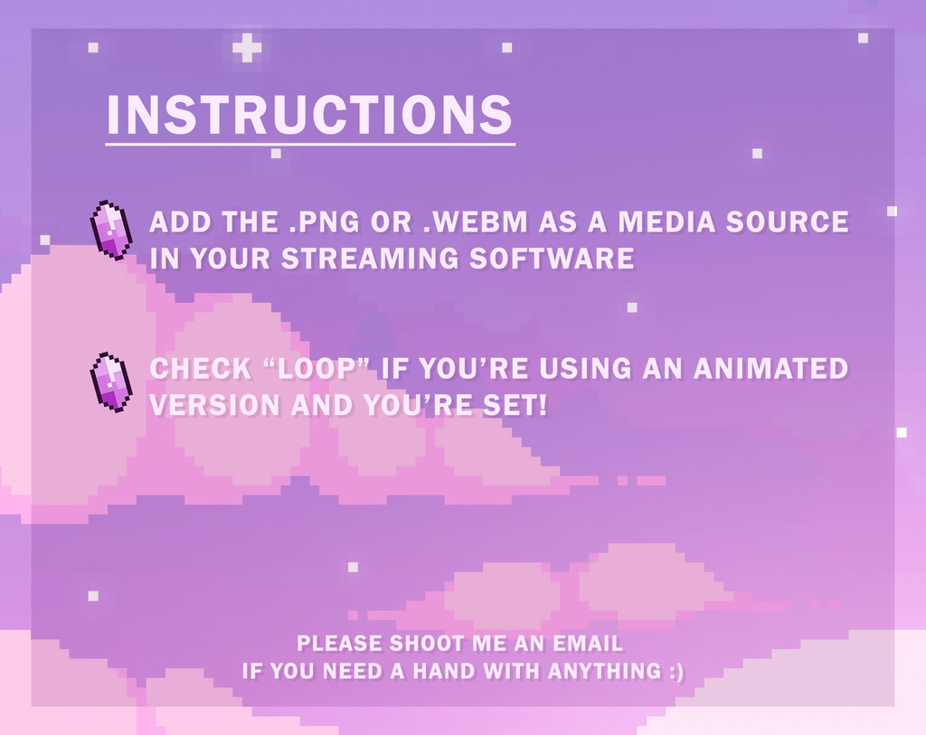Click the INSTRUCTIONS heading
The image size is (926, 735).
coord(309,114)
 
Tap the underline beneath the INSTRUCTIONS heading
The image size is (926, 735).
coord(310,144)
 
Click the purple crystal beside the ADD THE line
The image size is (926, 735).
coord(111,230)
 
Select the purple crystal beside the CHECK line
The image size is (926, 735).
coord(111,382)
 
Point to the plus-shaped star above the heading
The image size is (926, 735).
coord(247,48)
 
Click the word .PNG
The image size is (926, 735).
coord(325,222)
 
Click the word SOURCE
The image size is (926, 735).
coord(788,222)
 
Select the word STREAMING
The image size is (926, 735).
coord(369,259)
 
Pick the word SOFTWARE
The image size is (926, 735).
coord(552,259)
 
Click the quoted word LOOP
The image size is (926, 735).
coord(316,369)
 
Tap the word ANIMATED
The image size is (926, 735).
coord(770,369)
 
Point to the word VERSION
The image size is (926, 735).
coord(215,406)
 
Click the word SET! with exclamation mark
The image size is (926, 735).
coord(515,406)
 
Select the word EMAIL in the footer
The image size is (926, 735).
coord(588,644)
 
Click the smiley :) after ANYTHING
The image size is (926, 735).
coord(676,672)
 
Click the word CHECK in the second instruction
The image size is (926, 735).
coord(201,369)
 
